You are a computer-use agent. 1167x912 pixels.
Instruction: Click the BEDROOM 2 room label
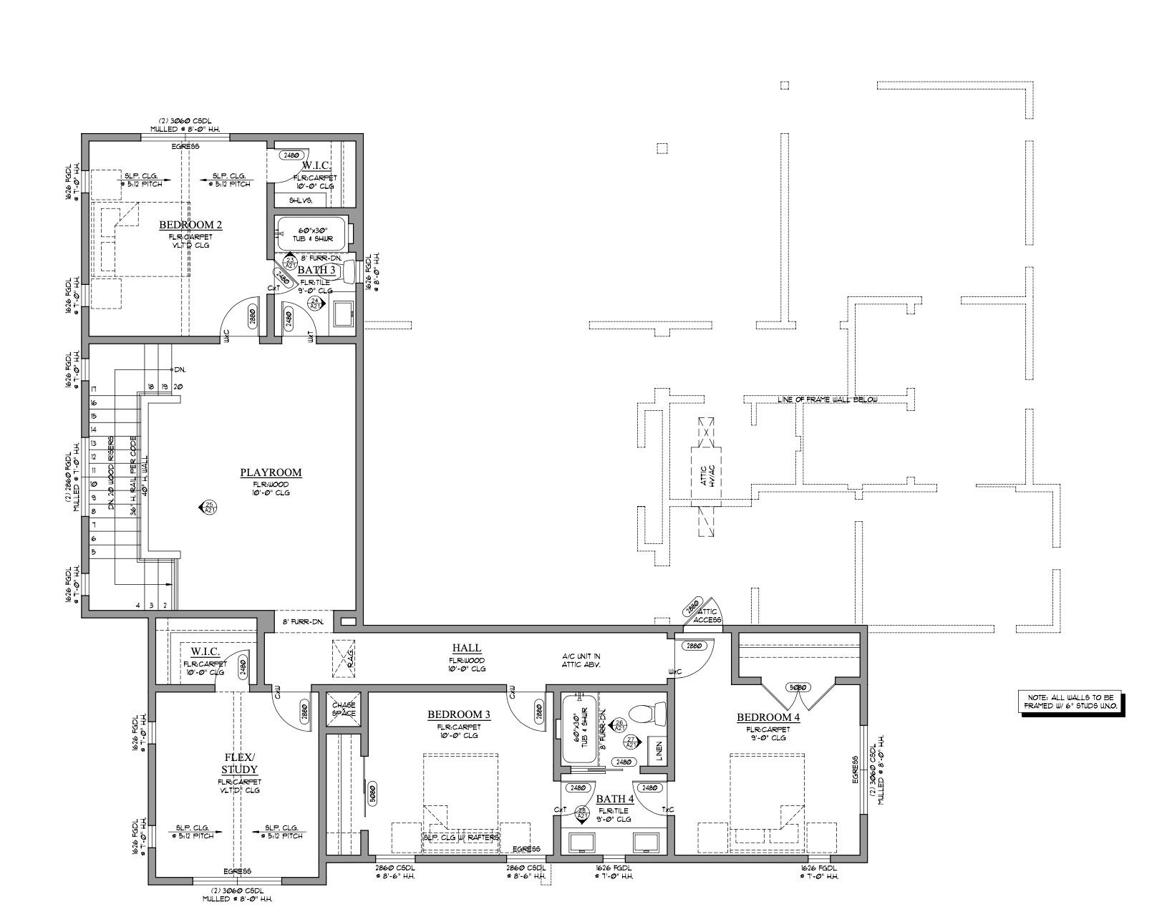[x=190, y=225]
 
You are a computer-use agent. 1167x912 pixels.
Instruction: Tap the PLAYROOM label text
[x=270, y=472]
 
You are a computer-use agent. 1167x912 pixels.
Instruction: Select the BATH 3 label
[x=316, y=270]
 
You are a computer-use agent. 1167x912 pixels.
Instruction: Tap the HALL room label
[x=466, y=648]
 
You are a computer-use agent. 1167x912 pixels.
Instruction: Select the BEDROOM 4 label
[x=768, y=717]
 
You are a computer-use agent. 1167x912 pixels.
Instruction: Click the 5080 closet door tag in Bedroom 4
[x=798, y=687]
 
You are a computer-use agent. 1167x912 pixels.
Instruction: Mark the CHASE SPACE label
[x=344, y=709]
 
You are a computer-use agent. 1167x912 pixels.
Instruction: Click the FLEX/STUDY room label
[x=239, y=764]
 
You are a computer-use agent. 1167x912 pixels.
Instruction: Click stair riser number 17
[x=93, y=389]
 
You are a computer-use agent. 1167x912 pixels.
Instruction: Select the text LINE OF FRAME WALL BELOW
[x=827, y=399]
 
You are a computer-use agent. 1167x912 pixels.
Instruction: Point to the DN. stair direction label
[x=179, y=369]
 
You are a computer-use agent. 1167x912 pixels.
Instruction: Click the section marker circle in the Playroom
[x=209, y=508]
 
